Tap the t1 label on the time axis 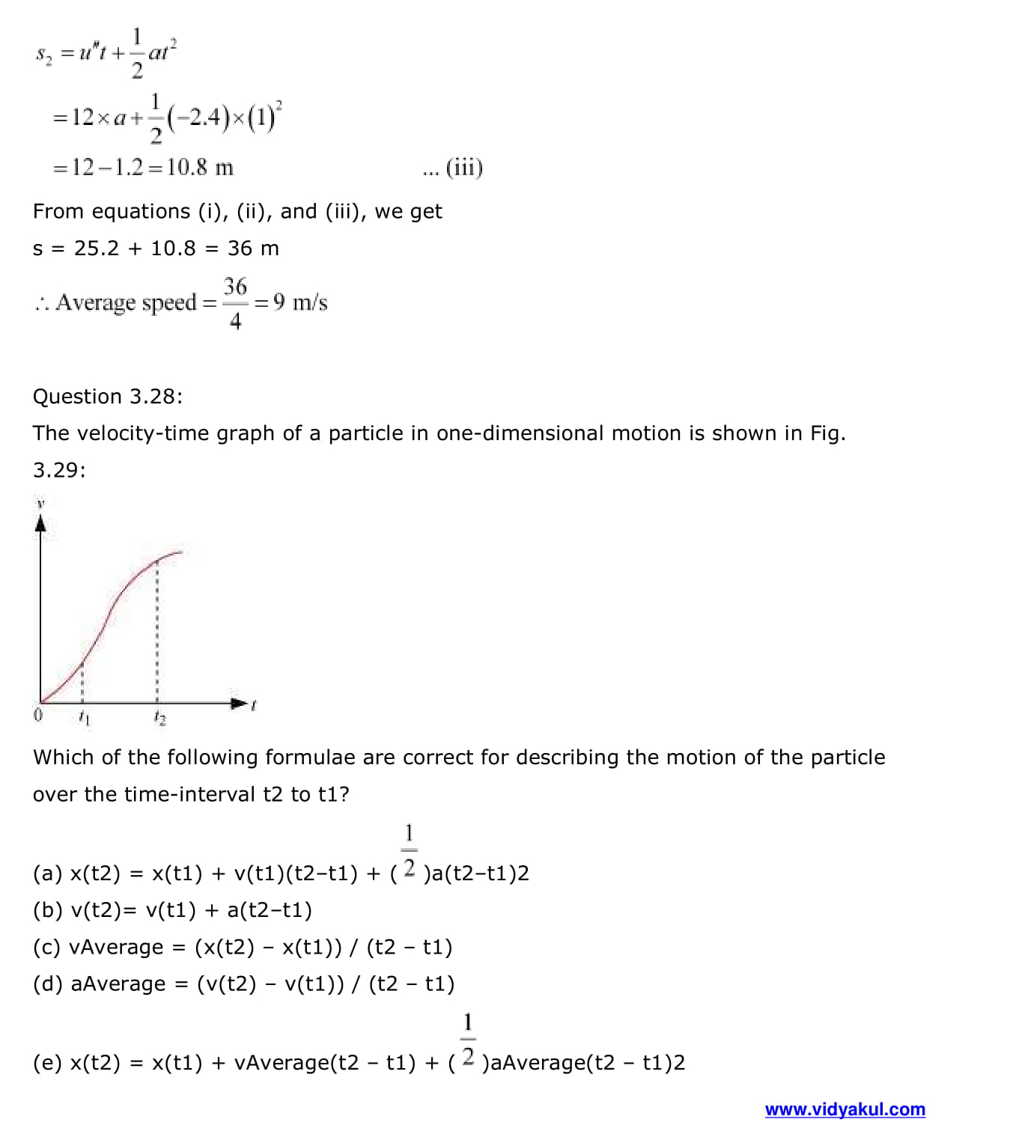tap(84, 718)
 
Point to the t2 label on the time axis tap(159, 718)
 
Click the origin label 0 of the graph tap(38, 715)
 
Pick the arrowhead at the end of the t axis tap(239, 703)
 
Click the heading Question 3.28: tap(108, 396)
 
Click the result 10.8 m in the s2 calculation tap(200, 167)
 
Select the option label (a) tap(48, 873)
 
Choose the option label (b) tap(48, 909)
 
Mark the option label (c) tap(48, 947)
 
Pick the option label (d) tap(48, 984)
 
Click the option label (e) tap(48, 1062)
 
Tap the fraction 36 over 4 tap(235, 303)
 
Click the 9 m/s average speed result tap(299, 302)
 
